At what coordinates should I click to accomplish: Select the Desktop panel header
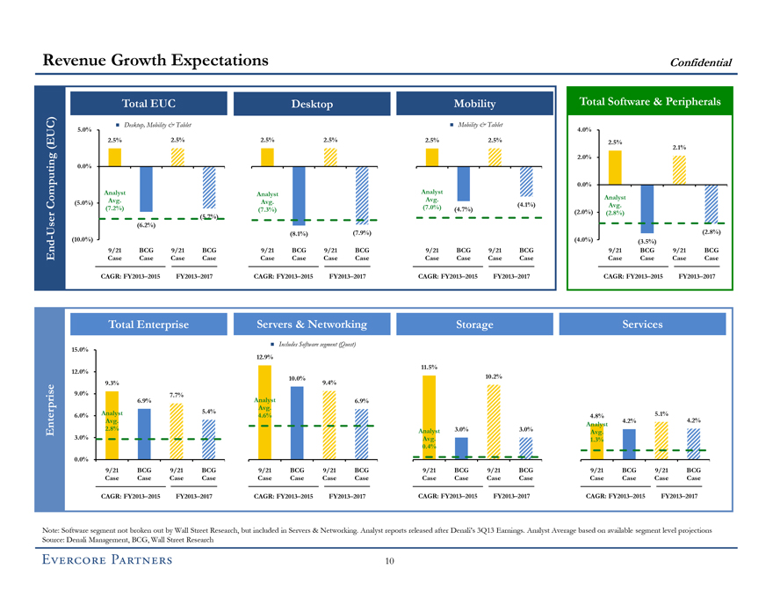pyautogui.click(x=312, y=105)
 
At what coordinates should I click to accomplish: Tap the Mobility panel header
pyautogui.click(x=474, y=105)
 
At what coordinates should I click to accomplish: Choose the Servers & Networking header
pyautogui.click(x=312, y=325)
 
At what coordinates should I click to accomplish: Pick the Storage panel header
pyautogui.click(x=474, y=325)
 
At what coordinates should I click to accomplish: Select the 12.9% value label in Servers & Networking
pyautogui.click(x=264, y=356)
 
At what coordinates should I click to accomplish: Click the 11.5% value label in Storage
pyautogui.click(x=429, y=367)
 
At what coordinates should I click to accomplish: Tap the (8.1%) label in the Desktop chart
pyautogui.click(x=300, y=234)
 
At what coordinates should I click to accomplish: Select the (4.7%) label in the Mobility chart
pyautogui.click(x=463, y=209)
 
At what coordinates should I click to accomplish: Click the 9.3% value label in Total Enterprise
pyautogui.click(x=112, y=383)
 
